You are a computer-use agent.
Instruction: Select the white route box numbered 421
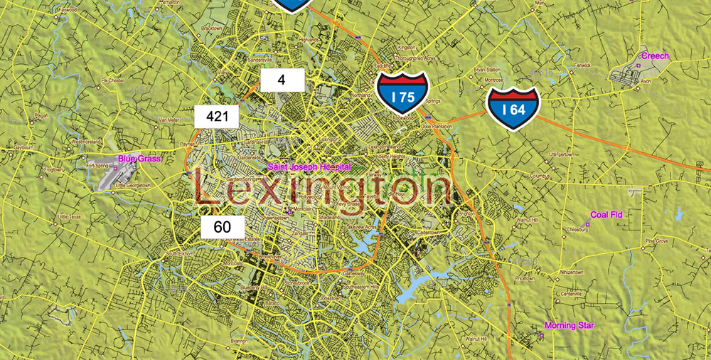pyautogui.click(x=217, y=116)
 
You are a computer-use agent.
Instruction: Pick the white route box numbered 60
pyautogui.click(x=223, y=227)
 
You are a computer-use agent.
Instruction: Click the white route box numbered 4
pyautogui.click(x=282, y=80)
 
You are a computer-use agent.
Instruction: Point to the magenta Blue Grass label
pyautogui.click(x=140, y=159)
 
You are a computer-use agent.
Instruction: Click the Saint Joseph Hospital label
pyautogui.click(x=309, y=166)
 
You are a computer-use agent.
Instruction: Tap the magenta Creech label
pyautogui.click(x=655, y=55)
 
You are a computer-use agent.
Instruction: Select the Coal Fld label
pyautogui.click(x=606, y=214)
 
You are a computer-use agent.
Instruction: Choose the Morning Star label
pyautogui.click(x=569, y=326)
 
